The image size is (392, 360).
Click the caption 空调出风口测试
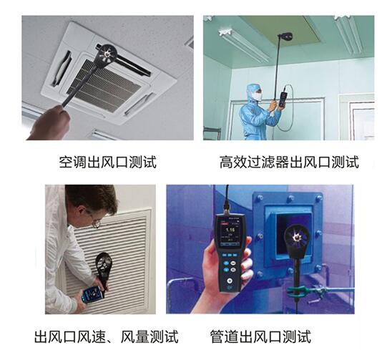point(108,162)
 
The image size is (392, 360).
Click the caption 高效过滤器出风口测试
point(289,162)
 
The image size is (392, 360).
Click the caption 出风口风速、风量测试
point(107,336)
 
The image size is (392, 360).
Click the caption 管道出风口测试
point(260,336)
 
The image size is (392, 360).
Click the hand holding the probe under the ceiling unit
point(49,123)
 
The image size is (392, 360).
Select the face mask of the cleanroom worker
point(258,96)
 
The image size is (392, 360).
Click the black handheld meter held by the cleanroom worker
point(283,99)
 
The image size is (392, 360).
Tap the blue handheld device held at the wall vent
point(92,294)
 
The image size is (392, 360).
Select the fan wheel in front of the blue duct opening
point(296,237)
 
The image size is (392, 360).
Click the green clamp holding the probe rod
point(298,291)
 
